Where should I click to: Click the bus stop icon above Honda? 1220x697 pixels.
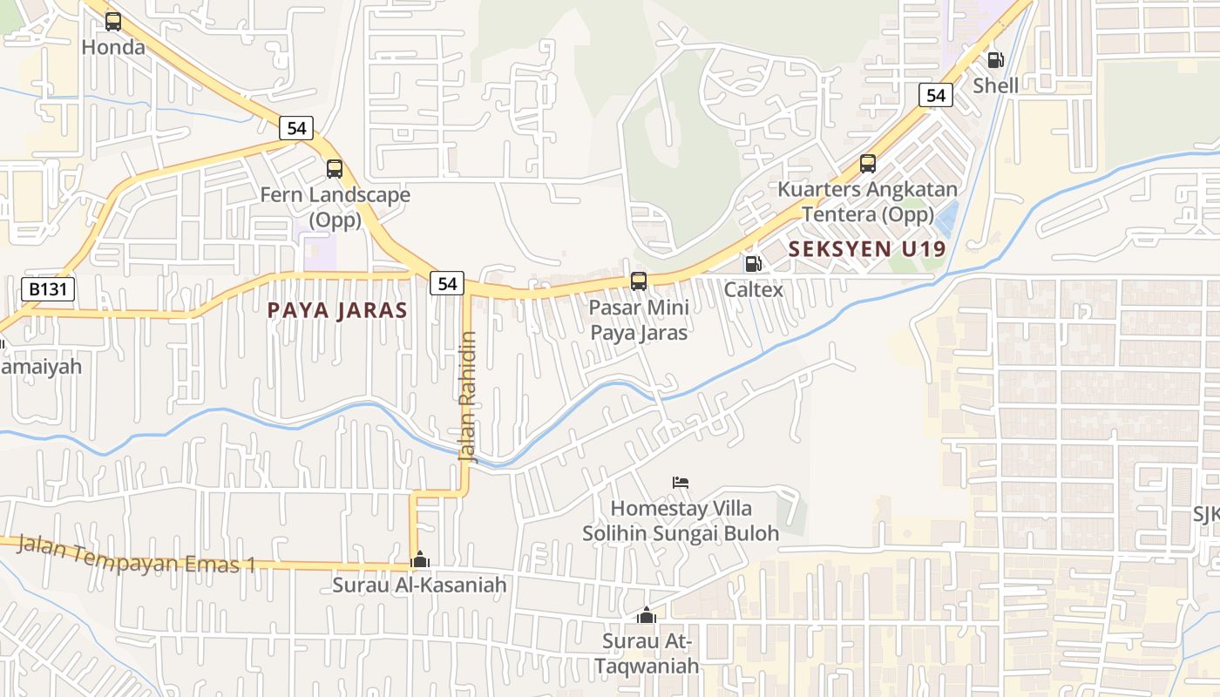coord(113,22)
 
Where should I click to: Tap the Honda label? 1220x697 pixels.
coord(113,47)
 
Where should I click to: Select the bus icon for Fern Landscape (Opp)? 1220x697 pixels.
coord(335,169)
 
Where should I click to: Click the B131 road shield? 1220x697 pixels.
coord(49,289)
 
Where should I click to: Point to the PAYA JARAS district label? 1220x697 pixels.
coord(337,310)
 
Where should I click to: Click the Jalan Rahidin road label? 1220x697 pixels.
coord(468,396)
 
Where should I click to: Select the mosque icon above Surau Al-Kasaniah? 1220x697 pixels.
coord(419,559)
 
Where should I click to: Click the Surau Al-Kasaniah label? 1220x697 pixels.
coord(419,585)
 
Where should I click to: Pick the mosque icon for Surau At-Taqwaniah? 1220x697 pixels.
coord(646,616)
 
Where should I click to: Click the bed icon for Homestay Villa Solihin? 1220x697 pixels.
coord(681,483)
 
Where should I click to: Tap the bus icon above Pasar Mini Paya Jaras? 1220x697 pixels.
coord(639,281)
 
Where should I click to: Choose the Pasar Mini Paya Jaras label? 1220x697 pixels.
coord(639,320)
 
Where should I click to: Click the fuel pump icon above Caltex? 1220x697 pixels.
coord(753,263)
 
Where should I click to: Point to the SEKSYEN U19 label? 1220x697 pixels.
coord(866,249)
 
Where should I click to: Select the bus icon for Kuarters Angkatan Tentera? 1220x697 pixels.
coord(867,164)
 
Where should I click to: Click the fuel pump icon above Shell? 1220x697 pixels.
coord(995,60)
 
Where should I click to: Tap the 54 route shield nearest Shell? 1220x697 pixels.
coord(936,95)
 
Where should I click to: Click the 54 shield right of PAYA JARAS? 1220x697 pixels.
coord(447,283)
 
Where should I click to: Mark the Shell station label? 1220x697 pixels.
coord(995,85)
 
